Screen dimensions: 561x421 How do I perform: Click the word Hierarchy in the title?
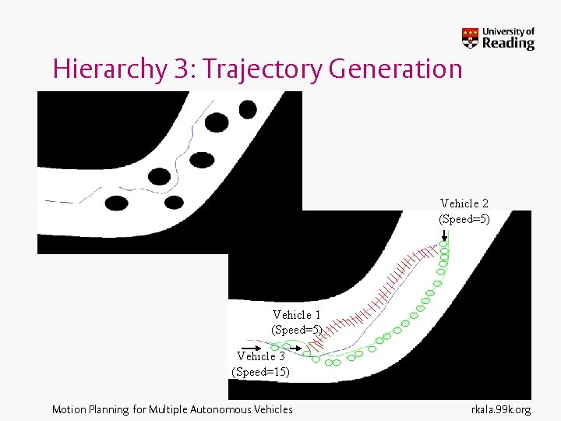pyautogui.click(x=108, y=70)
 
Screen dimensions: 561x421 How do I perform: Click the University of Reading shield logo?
pyautogui.click(x=471, y=37)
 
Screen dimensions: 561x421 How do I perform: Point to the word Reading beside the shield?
pyautogui.click(x=508, y=44)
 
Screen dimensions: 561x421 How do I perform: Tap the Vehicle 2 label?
pyautogui.click(x=464, y=203)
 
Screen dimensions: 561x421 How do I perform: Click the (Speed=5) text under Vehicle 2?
pyautogui.click(x=464, y=219)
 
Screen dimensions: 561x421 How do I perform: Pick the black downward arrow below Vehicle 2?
pyautogui.click(x=443, y=234)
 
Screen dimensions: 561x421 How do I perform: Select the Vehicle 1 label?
pyautogui.click(x=297, y=315)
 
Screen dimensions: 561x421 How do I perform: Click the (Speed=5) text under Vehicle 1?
pyautogui.click(x=297, y=330)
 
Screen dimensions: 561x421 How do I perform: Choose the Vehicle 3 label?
pyautogui.click(x=261, y=356)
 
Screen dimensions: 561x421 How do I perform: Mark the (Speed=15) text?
pyautogui.click(x=261, y=372)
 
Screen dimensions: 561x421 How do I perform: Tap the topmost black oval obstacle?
pyautogui.click(x=248, y=109)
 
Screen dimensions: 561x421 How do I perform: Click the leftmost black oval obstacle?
pyautogui.click(x=116, y=203)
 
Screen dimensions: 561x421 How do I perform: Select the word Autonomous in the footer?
pyautogui.click(x=222, y=409)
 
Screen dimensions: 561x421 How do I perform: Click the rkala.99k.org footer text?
pyautogui.click(x=501, y=409)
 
